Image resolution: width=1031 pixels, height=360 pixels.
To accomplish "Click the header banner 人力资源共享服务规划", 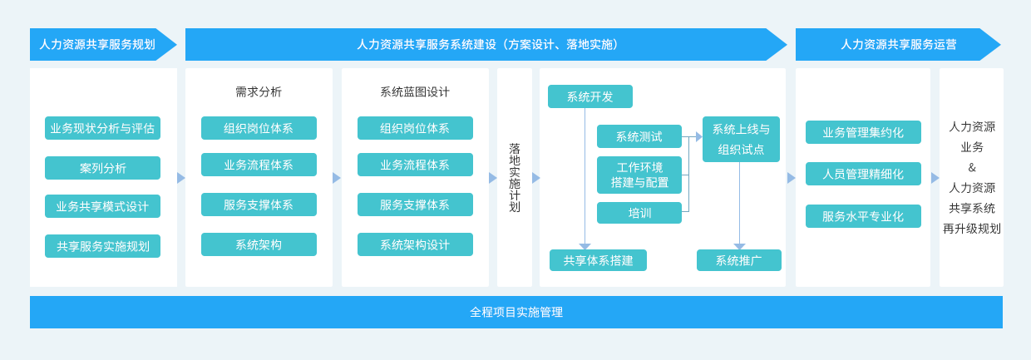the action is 103,45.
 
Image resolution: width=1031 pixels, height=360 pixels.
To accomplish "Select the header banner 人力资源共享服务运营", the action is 897,45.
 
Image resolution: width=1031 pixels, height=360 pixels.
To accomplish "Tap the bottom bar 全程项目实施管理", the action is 516,312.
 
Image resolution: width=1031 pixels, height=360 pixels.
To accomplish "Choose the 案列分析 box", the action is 102,168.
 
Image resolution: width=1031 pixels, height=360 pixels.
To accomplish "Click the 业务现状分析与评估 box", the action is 102,128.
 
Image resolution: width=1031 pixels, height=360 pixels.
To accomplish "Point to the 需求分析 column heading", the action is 259,92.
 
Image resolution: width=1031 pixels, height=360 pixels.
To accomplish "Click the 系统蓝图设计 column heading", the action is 415,92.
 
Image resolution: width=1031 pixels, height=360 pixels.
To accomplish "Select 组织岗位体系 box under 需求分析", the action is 259,128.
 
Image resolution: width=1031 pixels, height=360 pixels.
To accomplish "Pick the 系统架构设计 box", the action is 415,244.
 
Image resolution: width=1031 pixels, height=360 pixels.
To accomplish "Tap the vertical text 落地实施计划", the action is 515,178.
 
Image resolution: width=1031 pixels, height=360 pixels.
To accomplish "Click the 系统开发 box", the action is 590,96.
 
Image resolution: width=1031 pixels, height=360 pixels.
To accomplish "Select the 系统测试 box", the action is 639,136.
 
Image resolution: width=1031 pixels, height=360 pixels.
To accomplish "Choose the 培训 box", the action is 639,213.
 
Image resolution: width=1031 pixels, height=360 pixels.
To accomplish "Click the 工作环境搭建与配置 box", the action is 639,175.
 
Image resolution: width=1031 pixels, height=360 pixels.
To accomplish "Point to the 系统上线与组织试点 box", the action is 741,139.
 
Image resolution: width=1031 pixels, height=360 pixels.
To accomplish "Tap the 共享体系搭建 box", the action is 598,260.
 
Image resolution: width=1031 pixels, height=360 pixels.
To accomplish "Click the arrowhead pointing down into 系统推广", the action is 740,247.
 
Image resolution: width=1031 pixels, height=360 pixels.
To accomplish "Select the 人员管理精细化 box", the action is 863,174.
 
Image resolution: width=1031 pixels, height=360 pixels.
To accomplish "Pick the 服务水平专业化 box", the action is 863,216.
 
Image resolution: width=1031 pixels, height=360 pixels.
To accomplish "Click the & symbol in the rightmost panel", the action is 972,168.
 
